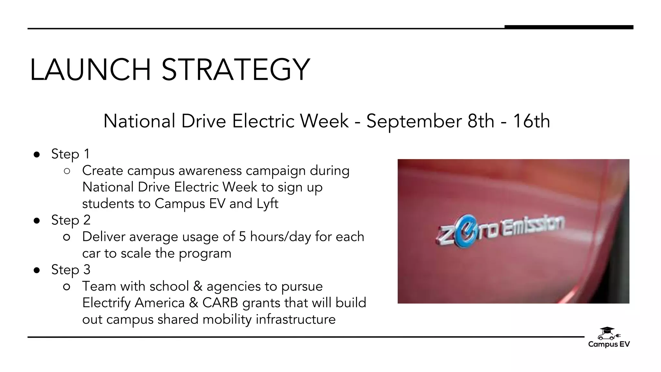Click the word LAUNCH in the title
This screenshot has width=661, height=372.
pyautogui.click(x=90, y=69)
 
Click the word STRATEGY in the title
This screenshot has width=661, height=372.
pyautogui.click(x=236, y=69)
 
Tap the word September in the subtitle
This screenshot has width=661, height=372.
pyautogui.click(x=414, y=121)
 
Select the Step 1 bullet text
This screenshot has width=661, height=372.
pyautogui.click(x=70, y=154)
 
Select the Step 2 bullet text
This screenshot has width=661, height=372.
pyautogui.click(x=71, y=220)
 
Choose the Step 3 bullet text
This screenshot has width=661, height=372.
pyautogui.click(x=71, y=270)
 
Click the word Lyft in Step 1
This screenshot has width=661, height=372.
pyautogui.click(x=267, y=204)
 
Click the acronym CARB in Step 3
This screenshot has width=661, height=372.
pyautogui.click(x=220, y=303)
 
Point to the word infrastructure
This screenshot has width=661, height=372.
pyautogui.click(x=296, y=319)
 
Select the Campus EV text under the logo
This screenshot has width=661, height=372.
pyautogui.click(x=609, y=344)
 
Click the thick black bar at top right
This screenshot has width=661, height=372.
pyautogui.click(x=569, y=27)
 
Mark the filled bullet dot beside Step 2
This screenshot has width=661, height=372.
pyautogui.click(x=37, y=221)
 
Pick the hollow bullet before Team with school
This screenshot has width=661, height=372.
pyautogui.click(x=67, y=287)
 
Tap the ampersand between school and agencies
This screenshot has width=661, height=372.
pyautogui.click(x=198, y=286)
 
